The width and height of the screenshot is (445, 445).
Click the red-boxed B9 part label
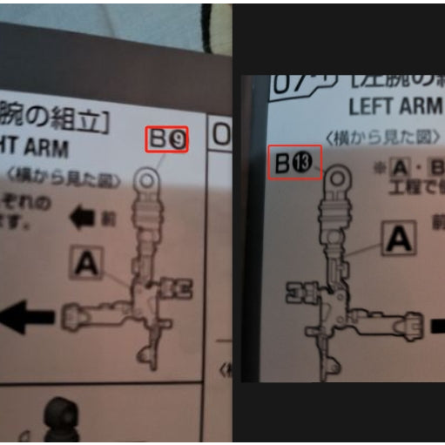[166, 139]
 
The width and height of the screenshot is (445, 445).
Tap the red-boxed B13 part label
[294, 162]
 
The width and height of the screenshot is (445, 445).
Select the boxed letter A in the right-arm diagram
[84, 260]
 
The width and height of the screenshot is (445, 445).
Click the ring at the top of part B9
[147, 180]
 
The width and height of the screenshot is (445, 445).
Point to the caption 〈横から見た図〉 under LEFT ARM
[383, 138]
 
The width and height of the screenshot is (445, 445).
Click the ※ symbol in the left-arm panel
[378, 165]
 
